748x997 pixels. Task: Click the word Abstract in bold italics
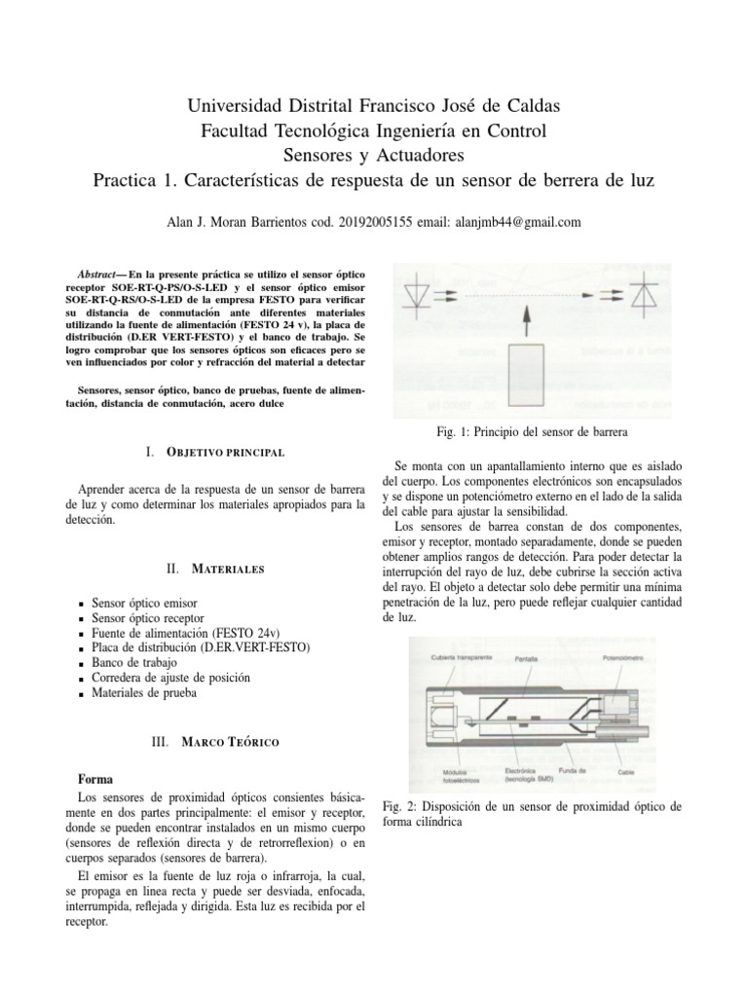tap(100, 273)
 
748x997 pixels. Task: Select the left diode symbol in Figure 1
tap(418, 291)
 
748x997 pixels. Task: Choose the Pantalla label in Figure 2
tap(524, 658)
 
